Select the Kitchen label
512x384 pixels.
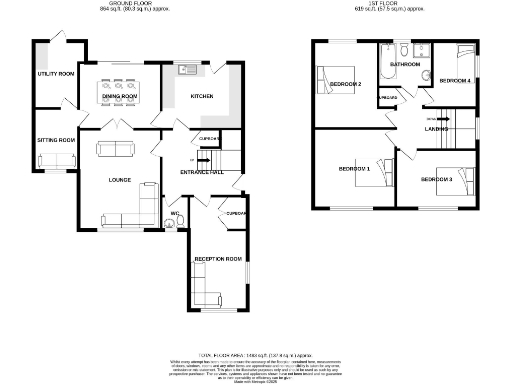click(x=204, y=97)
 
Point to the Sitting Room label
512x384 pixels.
click(x=56, y=140)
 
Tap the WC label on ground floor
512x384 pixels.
click(x=174, y=213)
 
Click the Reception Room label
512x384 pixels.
click(x=218, y=259)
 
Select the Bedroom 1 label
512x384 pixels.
click(x=354, y=169)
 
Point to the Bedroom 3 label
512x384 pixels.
click(x=437, y=179)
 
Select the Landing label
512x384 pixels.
click(x=436, y=129)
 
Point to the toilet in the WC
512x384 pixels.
click(x=167, y=223)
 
